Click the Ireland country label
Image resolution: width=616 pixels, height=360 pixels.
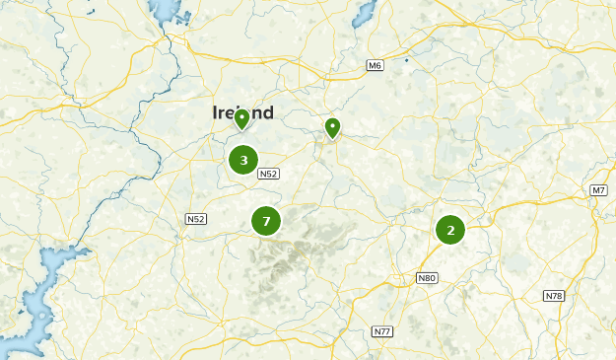tap(242, 112)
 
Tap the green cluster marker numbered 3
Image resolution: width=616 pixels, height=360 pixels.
tap(243, 159)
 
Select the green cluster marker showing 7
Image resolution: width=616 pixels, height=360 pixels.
tap(266, 221)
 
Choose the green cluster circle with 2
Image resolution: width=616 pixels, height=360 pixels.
tap(450, 230)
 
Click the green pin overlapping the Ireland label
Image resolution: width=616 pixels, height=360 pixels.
tap(241, 120)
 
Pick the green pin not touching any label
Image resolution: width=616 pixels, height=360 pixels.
tap(333, 128)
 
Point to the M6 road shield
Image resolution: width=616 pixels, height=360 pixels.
tap(375, 65)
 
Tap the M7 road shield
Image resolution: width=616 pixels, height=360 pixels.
tap(599, 189)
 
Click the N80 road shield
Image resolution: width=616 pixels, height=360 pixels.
tap(426, 278)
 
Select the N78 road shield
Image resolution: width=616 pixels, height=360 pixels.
tap(554, 296)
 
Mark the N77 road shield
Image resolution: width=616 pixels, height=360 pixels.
tap(382, 330)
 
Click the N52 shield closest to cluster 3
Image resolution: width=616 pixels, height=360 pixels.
tap(268, 174)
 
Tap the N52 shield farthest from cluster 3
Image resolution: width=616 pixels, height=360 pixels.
tap(194, 219)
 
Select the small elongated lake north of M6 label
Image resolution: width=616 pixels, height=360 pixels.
tap(363, 13)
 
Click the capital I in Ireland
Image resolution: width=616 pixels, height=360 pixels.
tap(216, 113)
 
